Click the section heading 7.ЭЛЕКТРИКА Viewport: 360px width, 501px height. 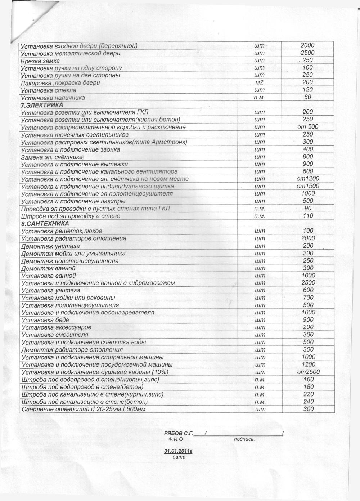[42, 105]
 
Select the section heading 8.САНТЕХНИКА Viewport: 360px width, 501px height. [45, 224]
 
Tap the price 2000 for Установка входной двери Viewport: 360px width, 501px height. [307, 45]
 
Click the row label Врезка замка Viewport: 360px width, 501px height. [40, 61]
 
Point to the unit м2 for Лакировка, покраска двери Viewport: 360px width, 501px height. [259, 82]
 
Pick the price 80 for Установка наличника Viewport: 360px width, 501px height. [307, 97]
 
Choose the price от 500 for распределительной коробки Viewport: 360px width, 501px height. [307, 127]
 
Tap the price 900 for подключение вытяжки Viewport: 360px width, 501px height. [308, 164]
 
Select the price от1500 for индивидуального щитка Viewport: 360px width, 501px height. [308, 186]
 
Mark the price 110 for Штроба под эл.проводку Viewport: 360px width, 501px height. [308, 216]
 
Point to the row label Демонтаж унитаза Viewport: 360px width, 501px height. [50, 246]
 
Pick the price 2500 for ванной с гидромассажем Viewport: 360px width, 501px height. [308, 283]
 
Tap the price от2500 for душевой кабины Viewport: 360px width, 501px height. [308, 372]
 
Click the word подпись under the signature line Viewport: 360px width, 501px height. [244, 439]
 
